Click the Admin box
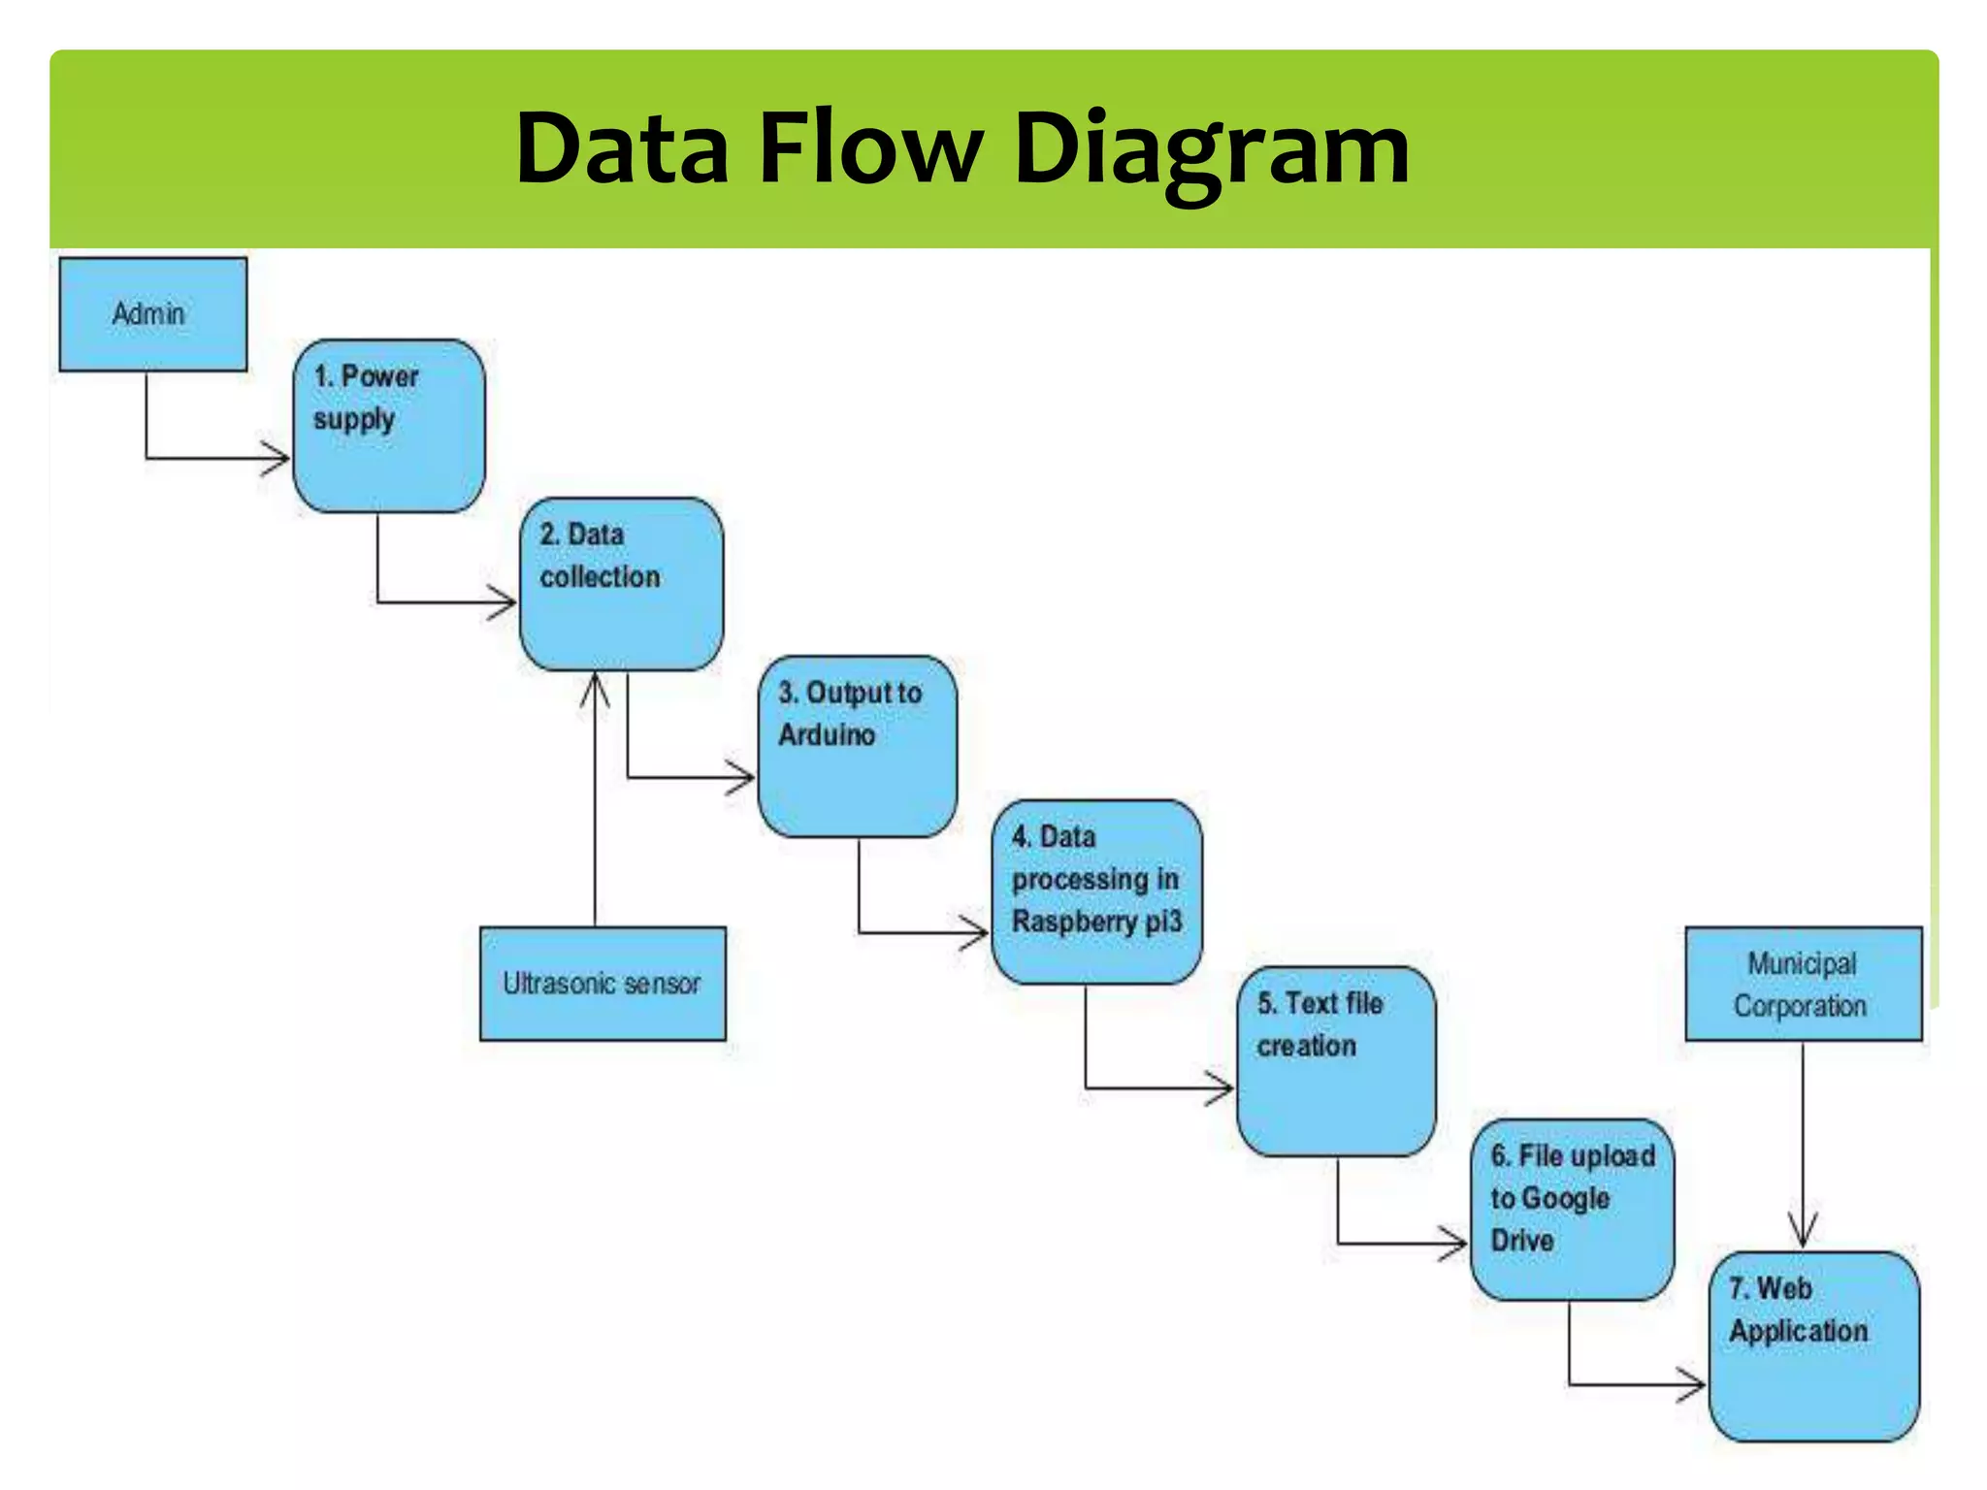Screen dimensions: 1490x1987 [x=152, y=314]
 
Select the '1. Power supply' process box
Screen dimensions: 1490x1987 [x=389, y=426]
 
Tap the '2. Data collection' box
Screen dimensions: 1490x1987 [x=621, y=585]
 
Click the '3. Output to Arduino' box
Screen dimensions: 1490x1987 [x=857, y=746]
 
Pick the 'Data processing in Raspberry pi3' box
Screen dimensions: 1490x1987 [x=1096, y=891]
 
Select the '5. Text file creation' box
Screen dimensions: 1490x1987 [x=1336, y=1061]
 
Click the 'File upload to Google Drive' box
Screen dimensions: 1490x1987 [x=1572, y=1210]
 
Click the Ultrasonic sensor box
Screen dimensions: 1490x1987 [x=603, y=984]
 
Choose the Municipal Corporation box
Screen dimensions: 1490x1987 [x=1803, y=984]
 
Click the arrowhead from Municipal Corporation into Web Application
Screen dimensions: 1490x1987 [x=1803, y=1232]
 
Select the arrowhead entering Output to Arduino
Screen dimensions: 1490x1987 [x=743, y=777]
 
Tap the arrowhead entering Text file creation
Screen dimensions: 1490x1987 [x=1222, y=1087]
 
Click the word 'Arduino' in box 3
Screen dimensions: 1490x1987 [x=827, y=735]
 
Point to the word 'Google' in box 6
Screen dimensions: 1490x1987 [x=1565, y=1199]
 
